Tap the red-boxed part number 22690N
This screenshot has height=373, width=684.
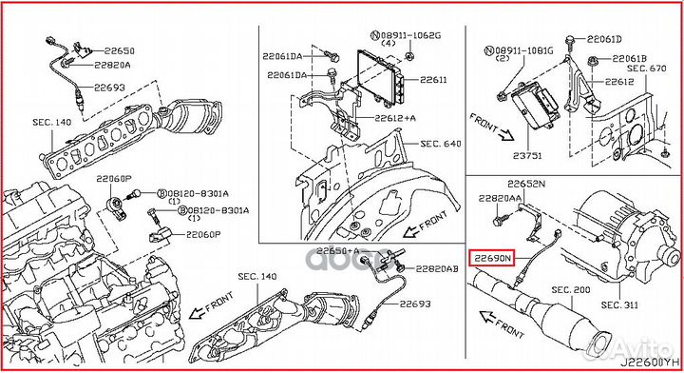[x=493, y=257]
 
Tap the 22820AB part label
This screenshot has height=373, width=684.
[x=437, y=268]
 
